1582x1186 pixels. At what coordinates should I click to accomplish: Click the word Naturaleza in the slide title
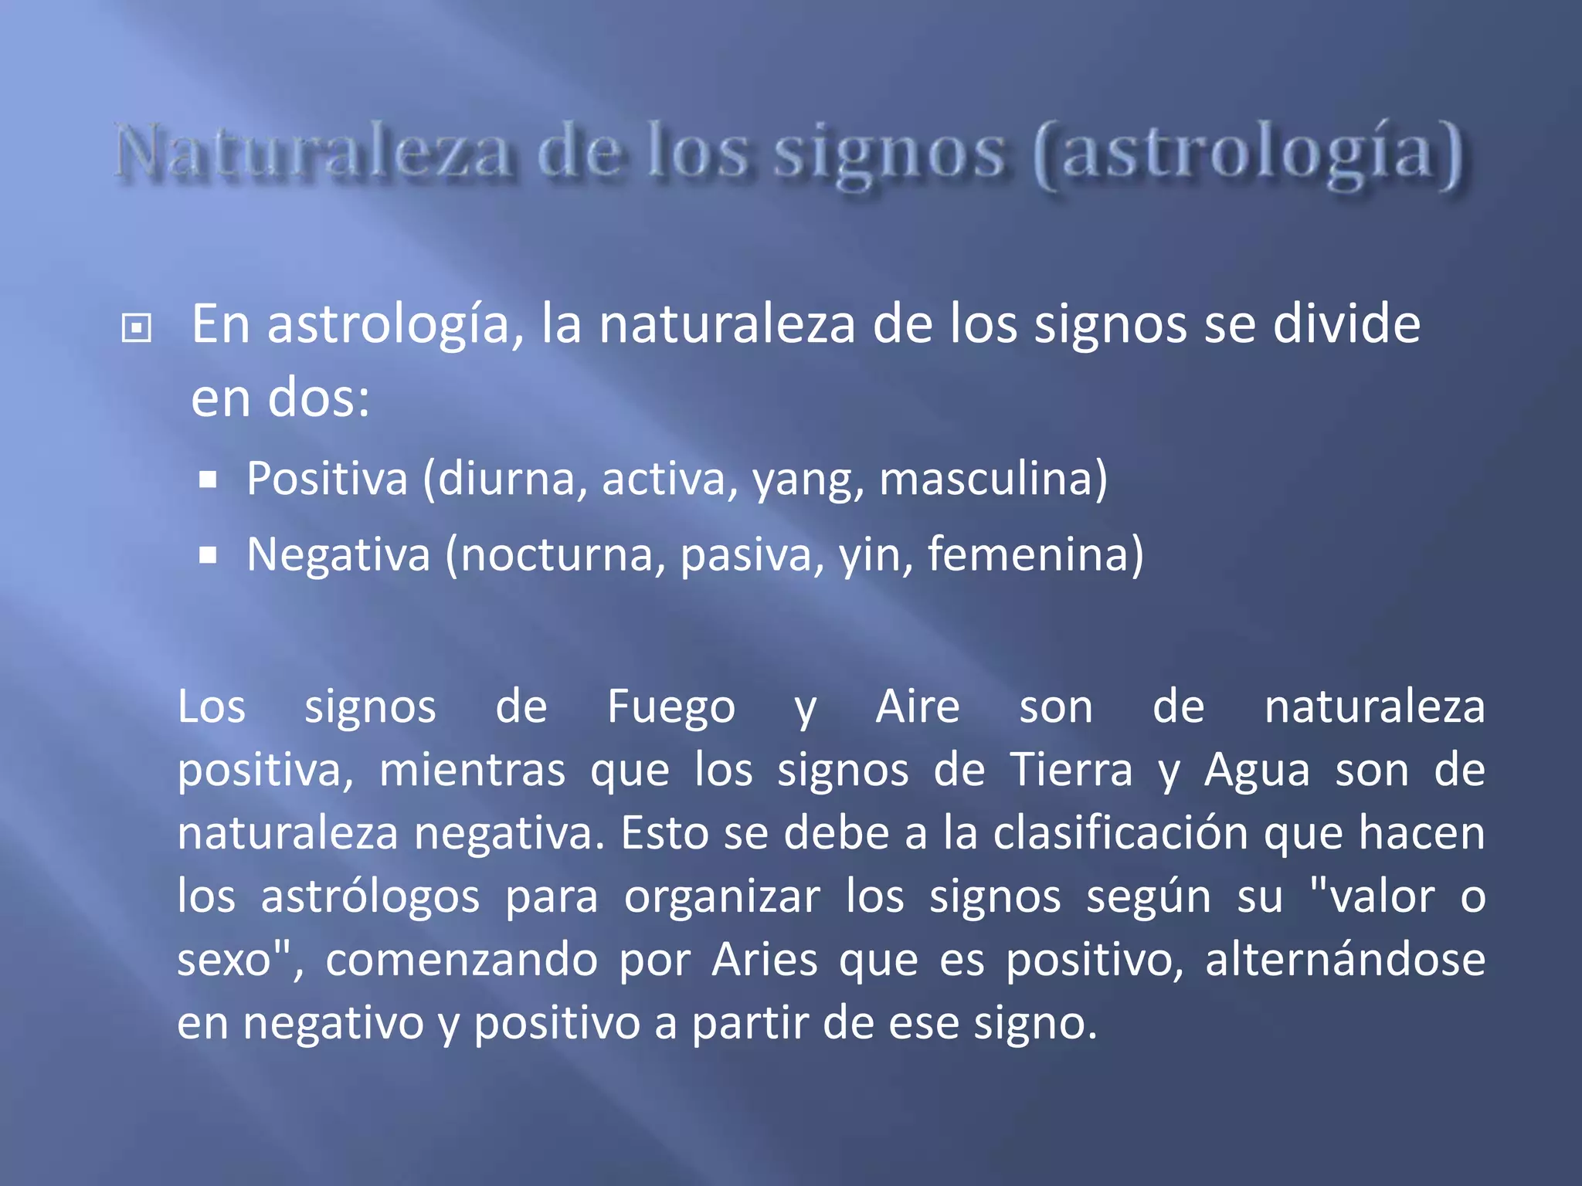pyautogui.click(x=314, y=152)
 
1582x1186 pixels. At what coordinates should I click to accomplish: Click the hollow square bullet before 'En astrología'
pyautogui.click(x=137, y=328)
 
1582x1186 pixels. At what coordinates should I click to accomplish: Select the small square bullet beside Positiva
pyautogui.click(x=207, y=481)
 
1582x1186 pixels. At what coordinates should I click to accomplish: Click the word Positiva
pyautogui.click(x=327, y=479)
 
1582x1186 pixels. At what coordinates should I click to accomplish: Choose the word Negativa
pyautogui.click(x=338, y=554)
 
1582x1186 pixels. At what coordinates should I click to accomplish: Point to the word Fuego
pyautogui.click(x=670, y=707)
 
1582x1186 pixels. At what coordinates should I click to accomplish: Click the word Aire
pyautogui.click(x=917, y=707)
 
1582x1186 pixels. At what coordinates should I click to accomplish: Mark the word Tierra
pyautogui.click(x=1071, y=770)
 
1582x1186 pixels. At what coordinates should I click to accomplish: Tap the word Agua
pyautogui.click(x=1257, y=771)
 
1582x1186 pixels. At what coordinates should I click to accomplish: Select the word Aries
pyautogui.click(x=764, y=960)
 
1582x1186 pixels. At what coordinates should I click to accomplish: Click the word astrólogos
pyautogui.click(x=370, y=898)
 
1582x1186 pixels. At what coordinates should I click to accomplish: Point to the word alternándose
pyautogui.click(x=1345, y=960)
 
